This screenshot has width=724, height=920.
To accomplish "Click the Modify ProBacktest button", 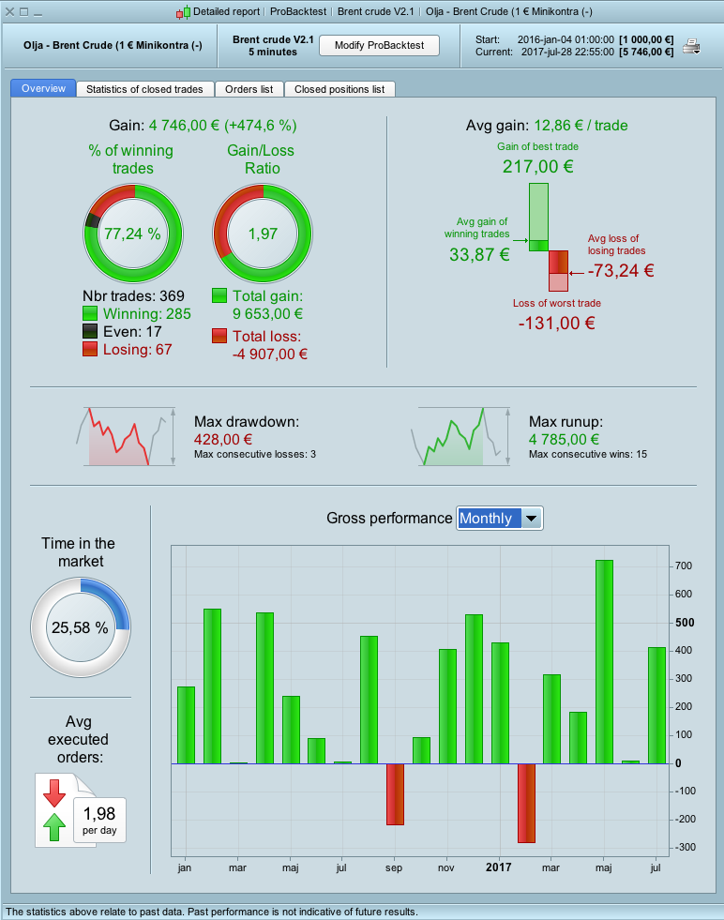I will pos(379,45).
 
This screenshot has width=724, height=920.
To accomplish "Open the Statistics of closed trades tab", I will pos(144,89).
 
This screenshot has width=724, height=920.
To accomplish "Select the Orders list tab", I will pos(249,89).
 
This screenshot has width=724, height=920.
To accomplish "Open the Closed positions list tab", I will pos(339,89).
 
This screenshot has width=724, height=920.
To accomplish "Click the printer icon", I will pos(692,46).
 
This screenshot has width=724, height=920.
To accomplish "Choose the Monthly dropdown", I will pos(499,518).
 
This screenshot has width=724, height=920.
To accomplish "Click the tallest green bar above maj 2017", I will pos(604,661).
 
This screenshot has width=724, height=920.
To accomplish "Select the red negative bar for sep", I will pos(395,793).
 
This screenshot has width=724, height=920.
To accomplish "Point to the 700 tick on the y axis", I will pos(684,566).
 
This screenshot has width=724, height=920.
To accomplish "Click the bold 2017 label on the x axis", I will pos(499,867).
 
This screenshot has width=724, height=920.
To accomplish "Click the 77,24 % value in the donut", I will pos(131,234).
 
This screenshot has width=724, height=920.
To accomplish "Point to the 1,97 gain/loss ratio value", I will pos(263,234).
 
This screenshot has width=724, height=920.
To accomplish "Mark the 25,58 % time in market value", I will pos(80,627).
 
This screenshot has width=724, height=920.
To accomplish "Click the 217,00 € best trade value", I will pos(536,167).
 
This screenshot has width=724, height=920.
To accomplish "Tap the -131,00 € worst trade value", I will pos(556,323).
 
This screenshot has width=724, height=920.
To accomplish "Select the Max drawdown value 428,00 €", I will pos(223,439).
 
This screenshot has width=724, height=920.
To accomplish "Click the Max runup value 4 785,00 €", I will pos(564,439).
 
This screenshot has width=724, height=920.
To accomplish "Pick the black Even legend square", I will pos(91,331).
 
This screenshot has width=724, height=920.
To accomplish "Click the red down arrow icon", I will pos(54,792).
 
